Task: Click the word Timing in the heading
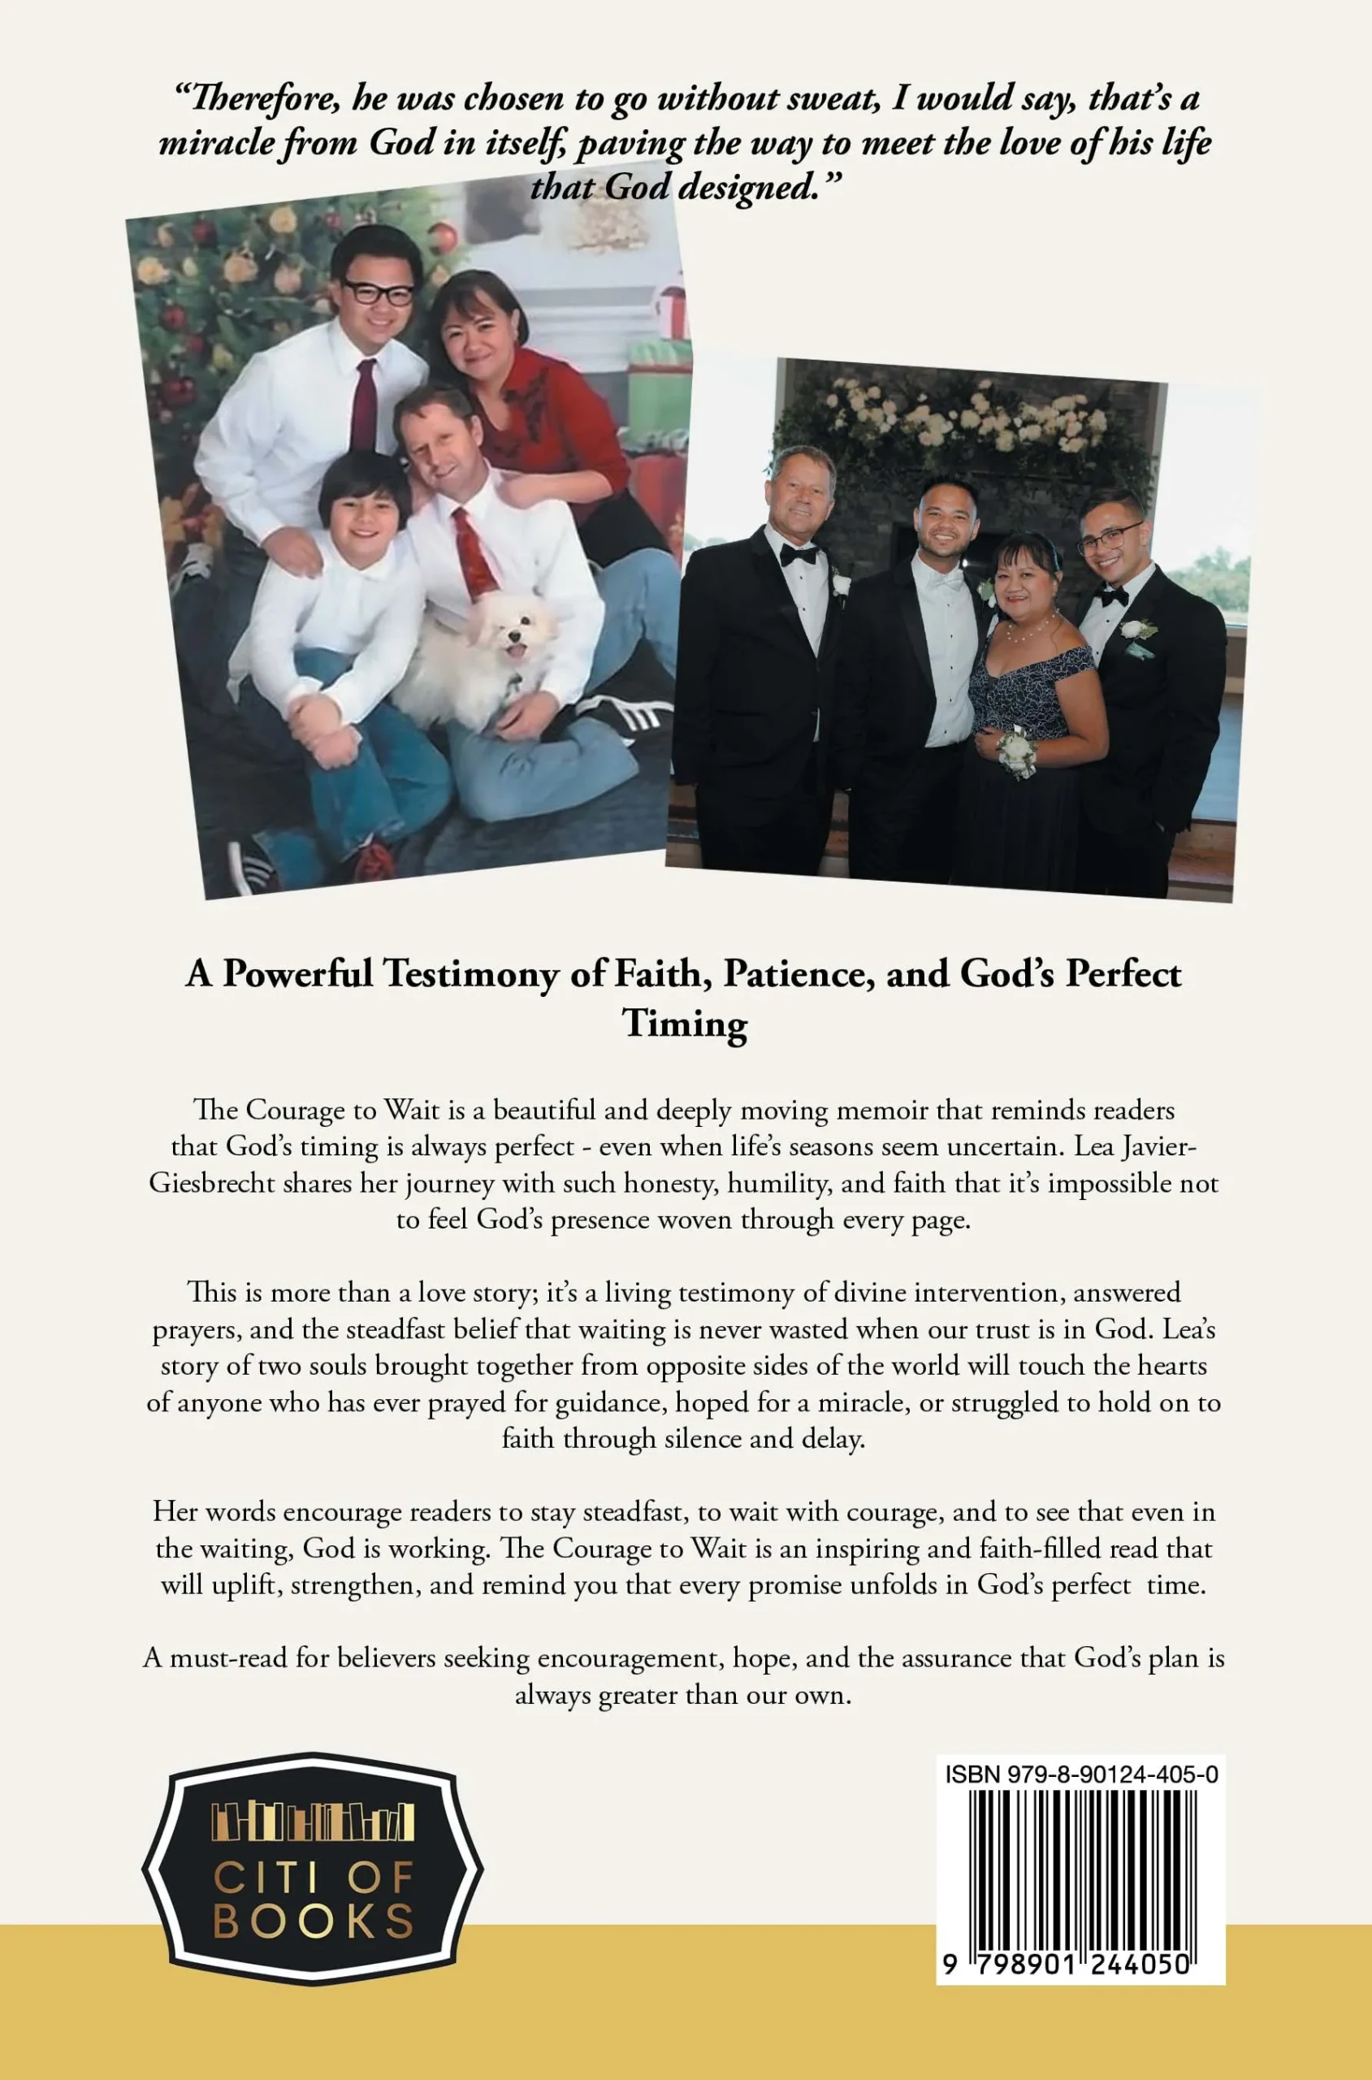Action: pyautogui.click(x=685, y=1023)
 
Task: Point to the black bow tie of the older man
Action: pyautogui.click(x=798, y=554)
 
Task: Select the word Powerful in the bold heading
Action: pyautogui.click(x=297, y=974)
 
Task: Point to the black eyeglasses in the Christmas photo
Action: pyautogui.click(x=378, y=292)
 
